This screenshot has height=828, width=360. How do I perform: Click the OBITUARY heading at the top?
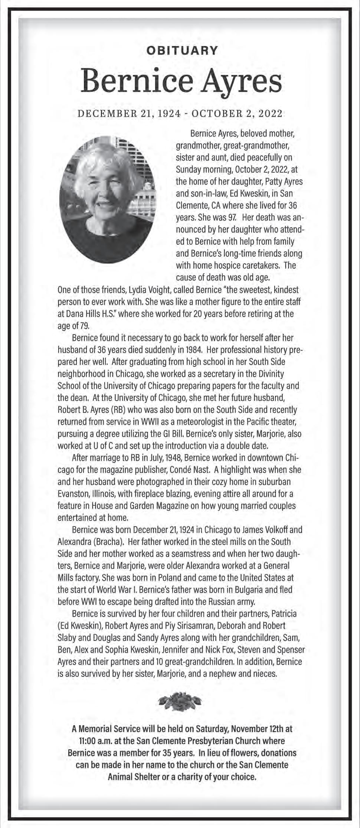[x=182, y=50]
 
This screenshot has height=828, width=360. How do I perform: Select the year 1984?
[x=193, y=350]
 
